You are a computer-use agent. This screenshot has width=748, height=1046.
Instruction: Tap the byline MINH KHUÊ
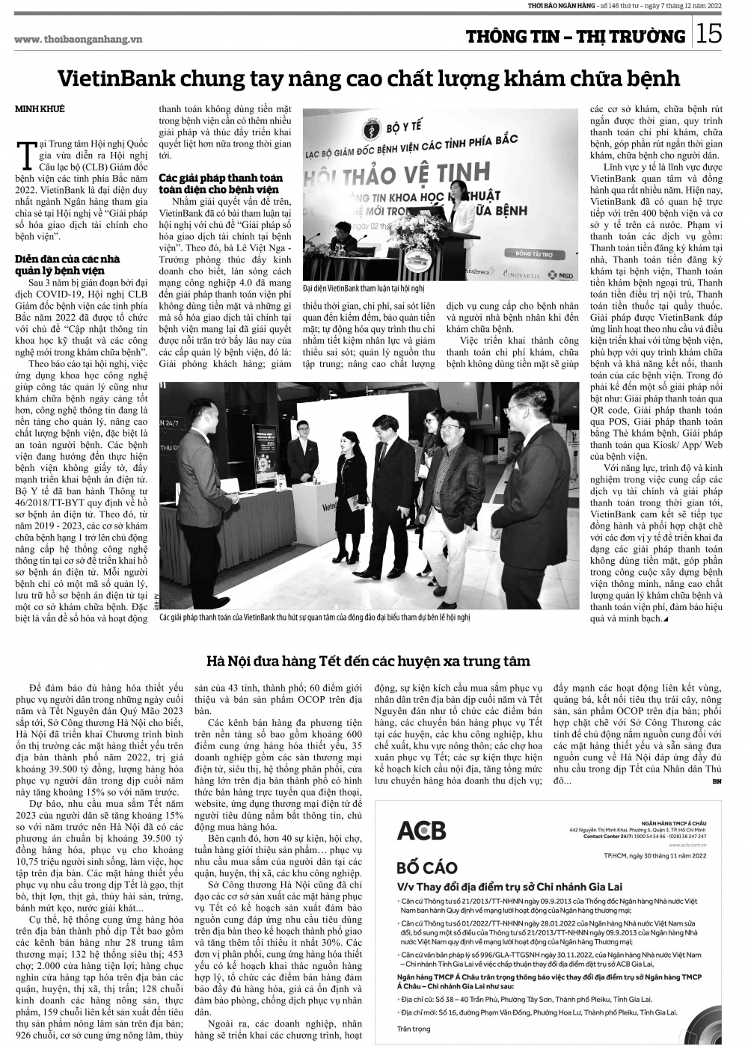click(x=39, y=110)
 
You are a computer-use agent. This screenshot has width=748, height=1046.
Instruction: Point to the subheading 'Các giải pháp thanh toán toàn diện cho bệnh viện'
click(x=221, y=183)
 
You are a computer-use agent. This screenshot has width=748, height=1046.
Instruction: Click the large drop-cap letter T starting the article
click(x=29, y=148)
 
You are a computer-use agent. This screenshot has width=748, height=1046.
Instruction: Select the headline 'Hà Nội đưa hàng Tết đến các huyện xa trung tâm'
click(x=368, y=661)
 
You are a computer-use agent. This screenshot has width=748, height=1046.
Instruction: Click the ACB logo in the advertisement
click(x=421, y=831)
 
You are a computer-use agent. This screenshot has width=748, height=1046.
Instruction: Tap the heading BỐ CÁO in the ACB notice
click(x=427, y=868)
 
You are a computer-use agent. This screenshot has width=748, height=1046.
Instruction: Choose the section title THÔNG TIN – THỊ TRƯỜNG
click(x=575, y=37)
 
